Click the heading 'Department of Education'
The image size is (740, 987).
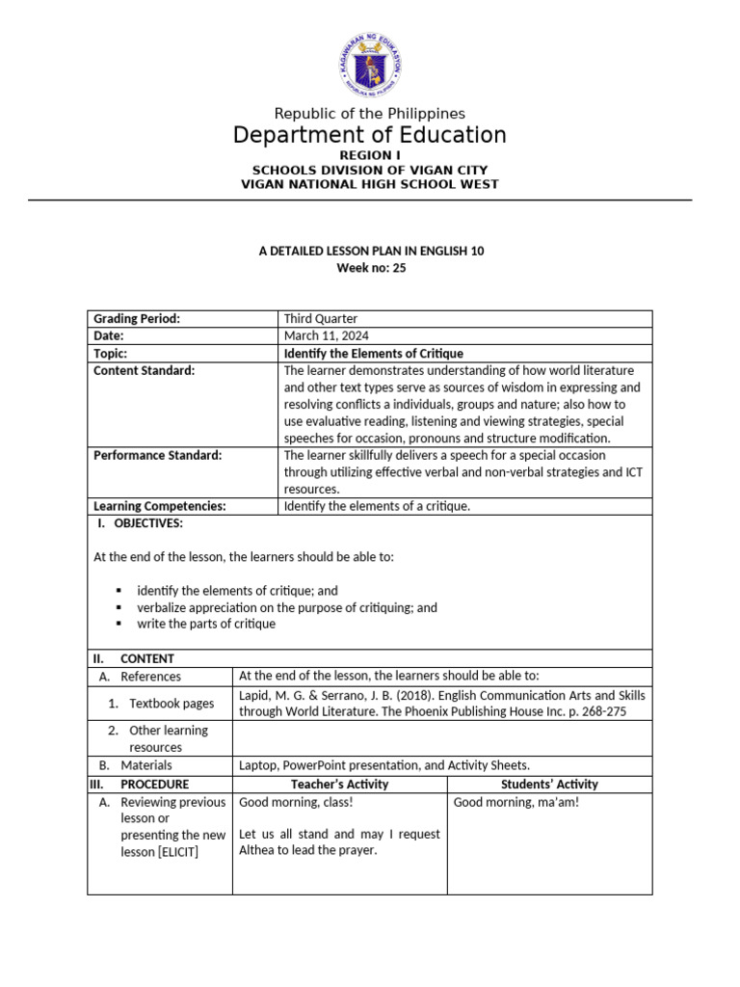(x=370, y=135)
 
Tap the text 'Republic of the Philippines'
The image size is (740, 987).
(x=370, y=114)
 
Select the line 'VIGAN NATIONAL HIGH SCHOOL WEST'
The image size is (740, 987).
(x=370, y=184)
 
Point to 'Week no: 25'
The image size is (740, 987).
(x=370, y=268)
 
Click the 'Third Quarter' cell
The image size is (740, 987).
(x=320, y=319)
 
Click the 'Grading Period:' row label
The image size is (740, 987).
(x=137, y=319)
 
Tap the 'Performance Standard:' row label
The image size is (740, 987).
(x=157, y=455)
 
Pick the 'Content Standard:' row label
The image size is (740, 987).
(x=144, y=370)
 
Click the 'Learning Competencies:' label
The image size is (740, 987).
(x=159, y=506)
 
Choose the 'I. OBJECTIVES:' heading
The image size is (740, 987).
(x=140, y=523)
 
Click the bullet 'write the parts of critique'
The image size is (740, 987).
(x=206, y=624)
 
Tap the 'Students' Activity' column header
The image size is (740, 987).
(x=549, y=784)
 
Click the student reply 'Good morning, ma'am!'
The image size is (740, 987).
(x=516, y=802)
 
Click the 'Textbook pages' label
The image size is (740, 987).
(x=172, y=704)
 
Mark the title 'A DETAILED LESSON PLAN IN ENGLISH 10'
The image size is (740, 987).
(x=371, y=251)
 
